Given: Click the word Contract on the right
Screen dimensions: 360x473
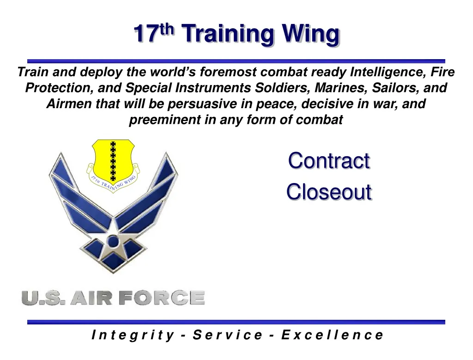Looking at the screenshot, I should [x=328, y=161].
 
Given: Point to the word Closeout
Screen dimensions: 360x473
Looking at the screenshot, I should [x=328, y=191].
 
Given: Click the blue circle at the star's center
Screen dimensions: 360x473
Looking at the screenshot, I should [x=113, y=240].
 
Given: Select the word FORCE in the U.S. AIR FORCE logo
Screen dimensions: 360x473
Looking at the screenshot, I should [x=161, y=298].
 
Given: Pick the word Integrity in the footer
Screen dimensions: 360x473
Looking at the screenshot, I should [x=133, y=335].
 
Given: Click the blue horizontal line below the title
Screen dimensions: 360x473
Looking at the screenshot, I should [x=236, y=61].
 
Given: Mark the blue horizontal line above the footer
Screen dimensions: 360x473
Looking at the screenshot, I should [x=236, y=322].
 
